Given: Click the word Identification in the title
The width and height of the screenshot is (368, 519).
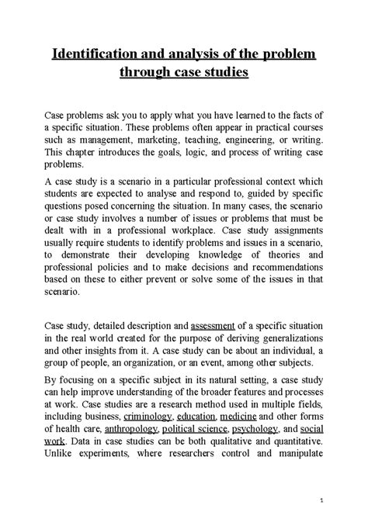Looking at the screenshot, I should [96, 56].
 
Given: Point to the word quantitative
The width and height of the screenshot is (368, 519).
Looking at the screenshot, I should [293, 441].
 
